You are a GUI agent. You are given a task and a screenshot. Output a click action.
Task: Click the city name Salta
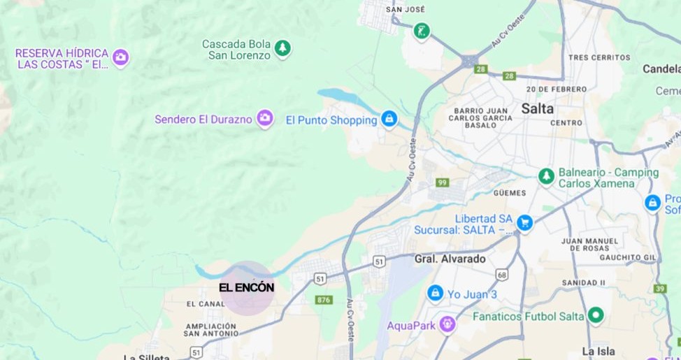click(x=537, y=108)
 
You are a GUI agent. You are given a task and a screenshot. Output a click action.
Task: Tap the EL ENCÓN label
click(x=246, y=287)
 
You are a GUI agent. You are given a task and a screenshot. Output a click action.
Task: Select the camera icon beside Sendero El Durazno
click(x=264, y=118)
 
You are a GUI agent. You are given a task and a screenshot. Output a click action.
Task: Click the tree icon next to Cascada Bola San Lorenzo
click(x=282, y=48)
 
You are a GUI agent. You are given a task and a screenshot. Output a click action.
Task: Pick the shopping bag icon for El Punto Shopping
click(x=389, y=119)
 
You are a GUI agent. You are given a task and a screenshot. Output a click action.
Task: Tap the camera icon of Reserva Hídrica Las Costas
click(x=121, y=57)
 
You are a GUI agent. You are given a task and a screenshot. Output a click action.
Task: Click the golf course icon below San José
click(x=421, y=31)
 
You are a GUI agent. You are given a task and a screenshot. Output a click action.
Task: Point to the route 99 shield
click(x=442, y=182)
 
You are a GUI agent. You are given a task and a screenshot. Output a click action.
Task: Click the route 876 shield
click(x=323, y=300)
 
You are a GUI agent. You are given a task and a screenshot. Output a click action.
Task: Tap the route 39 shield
click(x=660, y=288)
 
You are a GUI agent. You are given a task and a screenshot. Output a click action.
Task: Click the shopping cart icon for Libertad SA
click(x=524, y=223)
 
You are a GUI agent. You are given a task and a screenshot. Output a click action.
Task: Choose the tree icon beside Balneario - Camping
click(x=546, y=177)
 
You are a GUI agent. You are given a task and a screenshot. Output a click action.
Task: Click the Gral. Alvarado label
click(x=450, y=259)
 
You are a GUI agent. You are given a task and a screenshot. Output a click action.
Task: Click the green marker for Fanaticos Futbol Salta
click(x=596, y=315)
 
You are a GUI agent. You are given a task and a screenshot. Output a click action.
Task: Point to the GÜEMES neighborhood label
click(x=510, y=192)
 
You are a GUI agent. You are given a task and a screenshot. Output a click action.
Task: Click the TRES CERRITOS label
click(x=595, y=57)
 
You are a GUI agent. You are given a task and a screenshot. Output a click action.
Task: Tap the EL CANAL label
click(x=206, y=304)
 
